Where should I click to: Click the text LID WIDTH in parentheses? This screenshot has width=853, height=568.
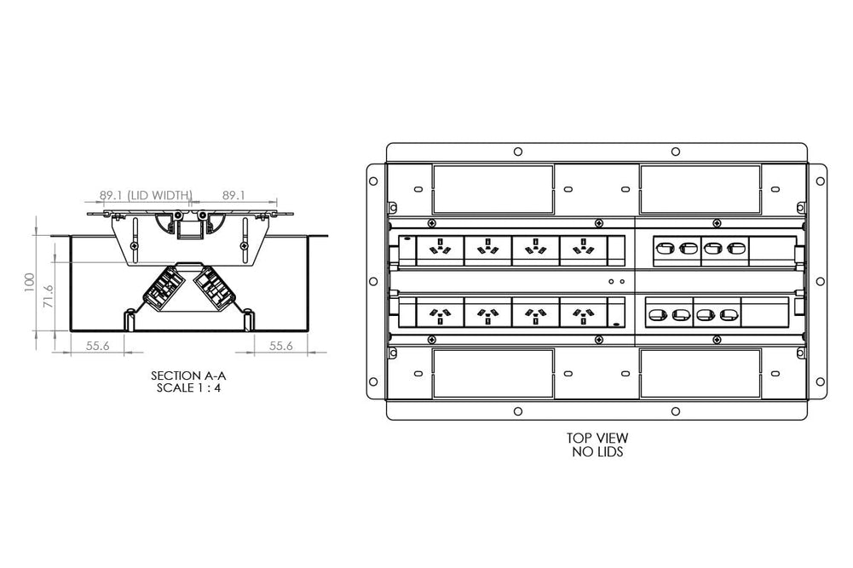click(x=160, y=195)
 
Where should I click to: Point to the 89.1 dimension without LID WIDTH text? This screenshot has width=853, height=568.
click(x=233, y=195)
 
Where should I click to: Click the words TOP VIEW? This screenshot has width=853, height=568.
click(x=597, y=439)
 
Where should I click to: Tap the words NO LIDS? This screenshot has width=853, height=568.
click(x=597, y=452)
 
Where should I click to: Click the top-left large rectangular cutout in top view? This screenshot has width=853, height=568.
click(x=493, y=189)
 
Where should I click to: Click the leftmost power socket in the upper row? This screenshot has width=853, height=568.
click(x=441, y=250)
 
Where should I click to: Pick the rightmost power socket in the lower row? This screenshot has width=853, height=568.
click(x=583, y=313)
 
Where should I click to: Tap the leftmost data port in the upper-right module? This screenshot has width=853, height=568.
click(x=666, y=250)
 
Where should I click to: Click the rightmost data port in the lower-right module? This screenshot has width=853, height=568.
click(x=727, y=314)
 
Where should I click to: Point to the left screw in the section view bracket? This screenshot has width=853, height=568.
click(x=134, y=248)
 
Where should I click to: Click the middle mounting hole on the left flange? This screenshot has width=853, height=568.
click(x=372, y=282)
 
